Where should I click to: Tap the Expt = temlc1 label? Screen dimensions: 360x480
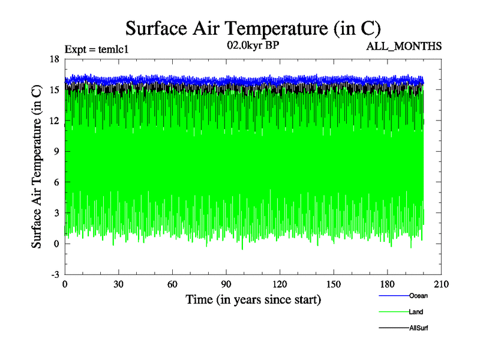96,49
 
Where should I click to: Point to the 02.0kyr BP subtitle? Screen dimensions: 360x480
253,46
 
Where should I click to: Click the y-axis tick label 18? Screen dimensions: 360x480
54,59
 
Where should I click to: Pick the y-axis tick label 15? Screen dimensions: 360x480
54,89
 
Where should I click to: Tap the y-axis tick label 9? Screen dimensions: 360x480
56,151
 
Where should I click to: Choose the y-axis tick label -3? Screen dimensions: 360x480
55,274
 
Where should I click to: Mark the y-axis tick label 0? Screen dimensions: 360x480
56,244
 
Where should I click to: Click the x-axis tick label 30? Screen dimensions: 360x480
119,284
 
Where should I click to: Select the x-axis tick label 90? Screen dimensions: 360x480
226,284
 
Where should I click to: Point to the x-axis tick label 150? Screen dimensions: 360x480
334,284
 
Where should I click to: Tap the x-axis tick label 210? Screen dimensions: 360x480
441,284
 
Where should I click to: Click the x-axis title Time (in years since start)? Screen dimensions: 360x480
253,299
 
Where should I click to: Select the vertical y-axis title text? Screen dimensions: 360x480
37,167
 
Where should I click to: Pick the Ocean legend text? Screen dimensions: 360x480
418,295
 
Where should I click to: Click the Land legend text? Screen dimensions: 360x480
416,312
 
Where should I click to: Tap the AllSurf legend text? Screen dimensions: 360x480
418,328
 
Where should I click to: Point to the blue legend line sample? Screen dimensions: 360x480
394,296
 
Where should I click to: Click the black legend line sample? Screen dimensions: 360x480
394,329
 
